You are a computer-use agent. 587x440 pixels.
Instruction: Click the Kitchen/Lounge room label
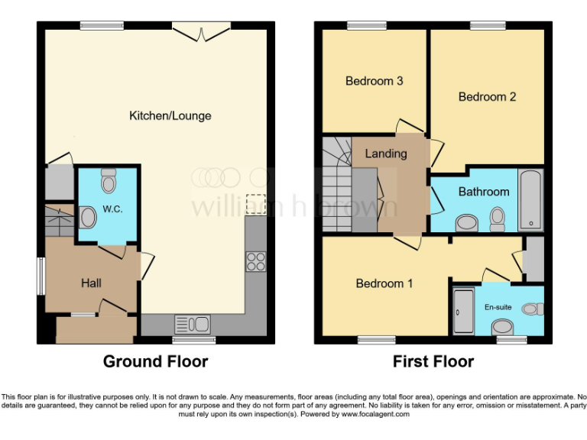[170, 116]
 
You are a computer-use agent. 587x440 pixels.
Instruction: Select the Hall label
[91, 283]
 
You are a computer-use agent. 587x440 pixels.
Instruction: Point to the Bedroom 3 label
[374, 81]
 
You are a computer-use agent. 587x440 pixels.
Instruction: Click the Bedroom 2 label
[487, 97]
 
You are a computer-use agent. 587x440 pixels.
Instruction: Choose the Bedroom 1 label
[384, 283]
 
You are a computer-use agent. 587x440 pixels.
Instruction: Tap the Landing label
[385, 154]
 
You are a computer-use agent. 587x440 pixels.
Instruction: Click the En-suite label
[498, 307]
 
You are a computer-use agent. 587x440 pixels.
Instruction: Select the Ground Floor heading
[155, 361]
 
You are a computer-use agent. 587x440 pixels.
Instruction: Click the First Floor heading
[433, 361]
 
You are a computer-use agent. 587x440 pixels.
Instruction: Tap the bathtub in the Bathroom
[530, 200]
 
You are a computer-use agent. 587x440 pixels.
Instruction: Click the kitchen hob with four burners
[255, 261]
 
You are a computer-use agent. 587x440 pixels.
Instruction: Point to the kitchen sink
[193, 324]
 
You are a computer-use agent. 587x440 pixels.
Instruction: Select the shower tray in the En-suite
[463, 311]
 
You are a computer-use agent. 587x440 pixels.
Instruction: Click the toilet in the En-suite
[533, 309]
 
